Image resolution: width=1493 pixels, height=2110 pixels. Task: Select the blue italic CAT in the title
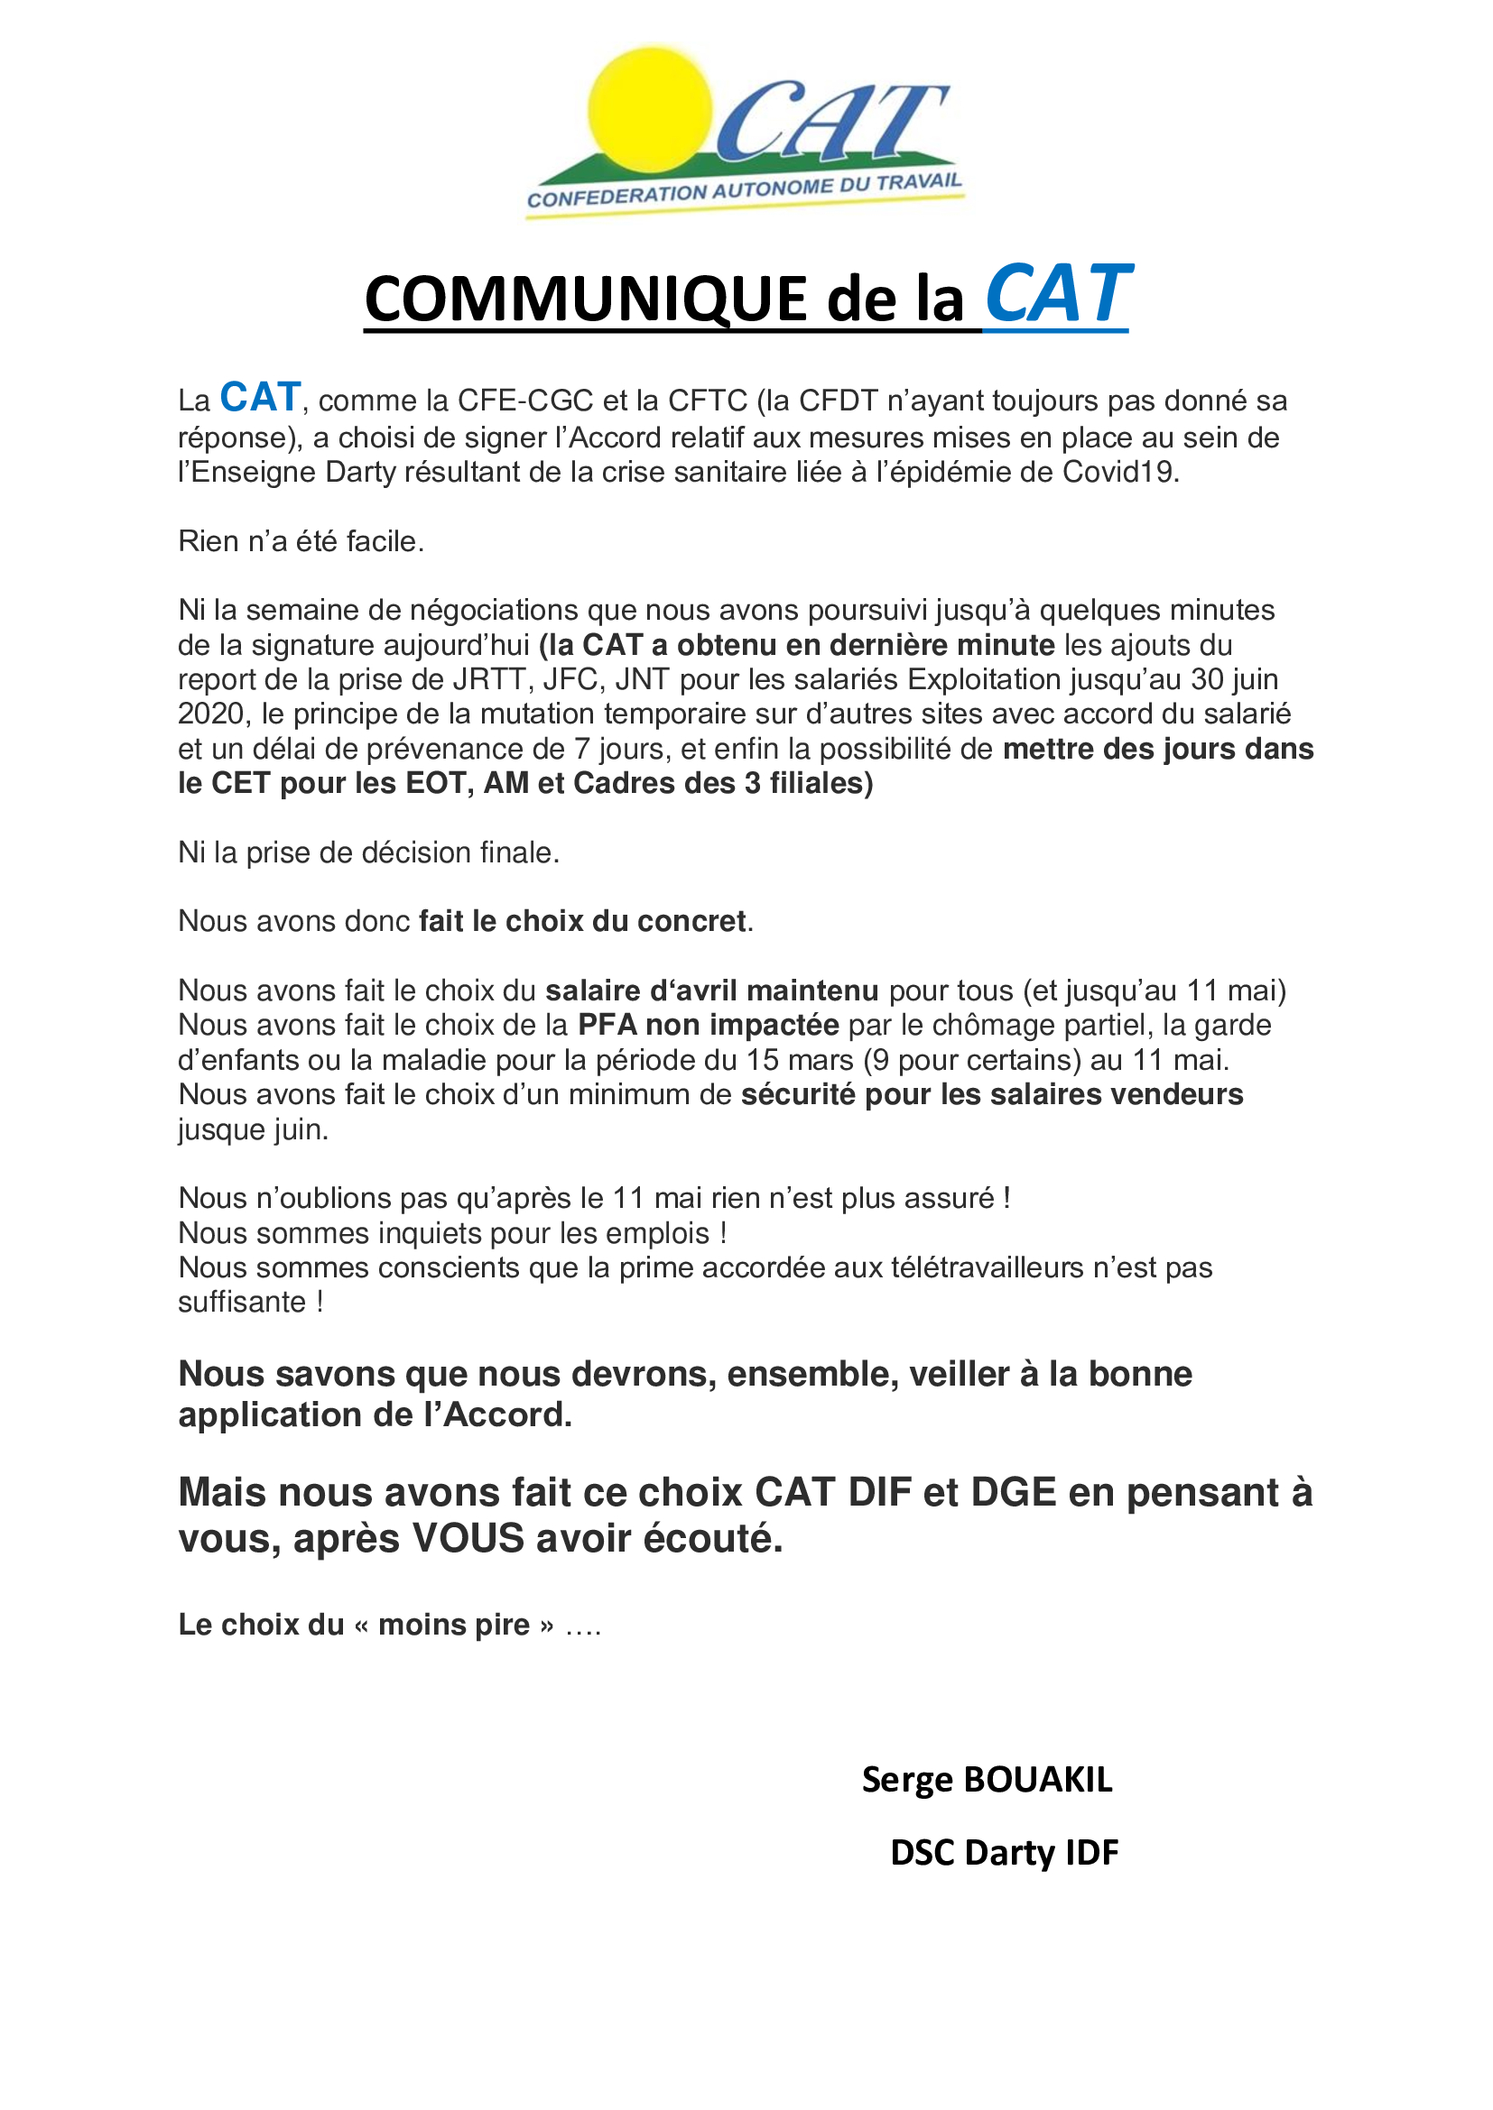click(x=1056, y=294)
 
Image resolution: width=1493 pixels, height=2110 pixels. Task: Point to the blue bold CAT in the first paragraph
click(x=260, y=397)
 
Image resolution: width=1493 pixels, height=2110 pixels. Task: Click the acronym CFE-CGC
click(x=525, y=401)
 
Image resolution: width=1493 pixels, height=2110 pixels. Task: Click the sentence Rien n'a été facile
click(x=301, y=541)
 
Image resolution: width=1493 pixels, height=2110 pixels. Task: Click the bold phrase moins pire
click(x=454, y=1625)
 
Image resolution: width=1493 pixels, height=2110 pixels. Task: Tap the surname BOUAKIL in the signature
click(x=1037, y=1780)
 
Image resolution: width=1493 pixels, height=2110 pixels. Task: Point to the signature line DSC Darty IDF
click(x=1004, y=1853)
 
